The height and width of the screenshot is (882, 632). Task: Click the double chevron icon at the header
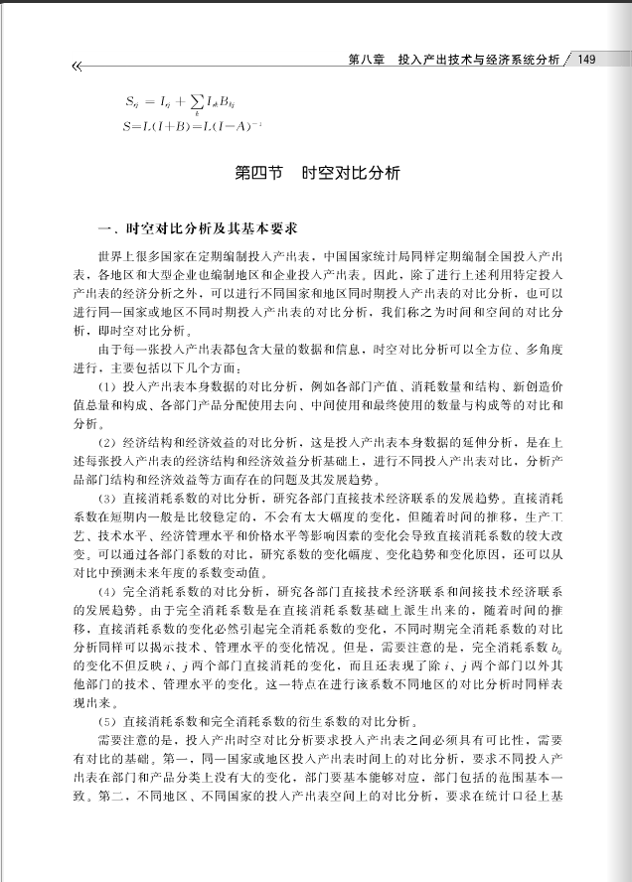tap(76, 67)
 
